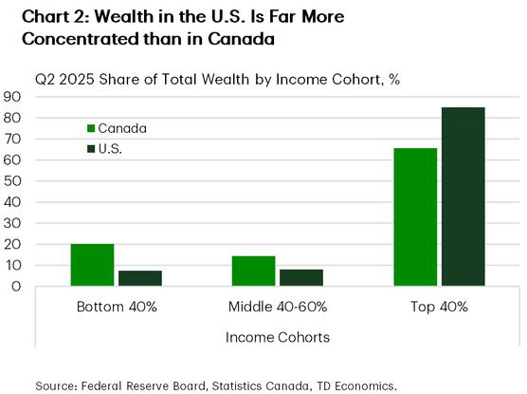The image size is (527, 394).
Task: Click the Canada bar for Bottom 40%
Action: [93, 265]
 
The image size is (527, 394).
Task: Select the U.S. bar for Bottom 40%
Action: [139, 278]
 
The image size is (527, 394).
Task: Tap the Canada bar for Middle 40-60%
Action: [253, 271]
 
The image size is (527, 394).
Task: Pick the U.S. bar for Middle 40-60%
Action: [300, 277]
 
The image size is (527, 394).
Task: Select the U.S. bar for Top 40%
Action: [463, 197]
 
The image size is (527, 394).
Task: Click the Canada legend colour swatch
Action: [91, 128]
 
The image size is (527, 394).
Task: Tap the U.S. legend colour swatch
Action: [91, 149]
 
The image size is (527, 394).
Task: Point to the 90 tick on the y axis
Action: [13, 97]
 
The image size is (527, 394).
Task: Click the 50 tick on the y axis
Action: [13, 181]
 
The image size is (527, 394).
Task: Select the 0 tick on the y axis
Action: [18, 287]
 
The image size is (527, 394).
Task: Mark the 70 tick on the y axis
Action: [13, 139]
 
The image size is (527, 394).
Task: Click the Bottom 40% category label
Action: [116, 308]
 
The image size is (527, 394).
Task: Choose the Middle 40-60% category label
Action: [277, 308]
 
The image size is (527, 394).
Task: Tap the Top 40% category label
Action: [439, 308]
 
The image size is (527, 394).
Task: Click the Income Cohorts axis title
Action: [277, 337]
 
